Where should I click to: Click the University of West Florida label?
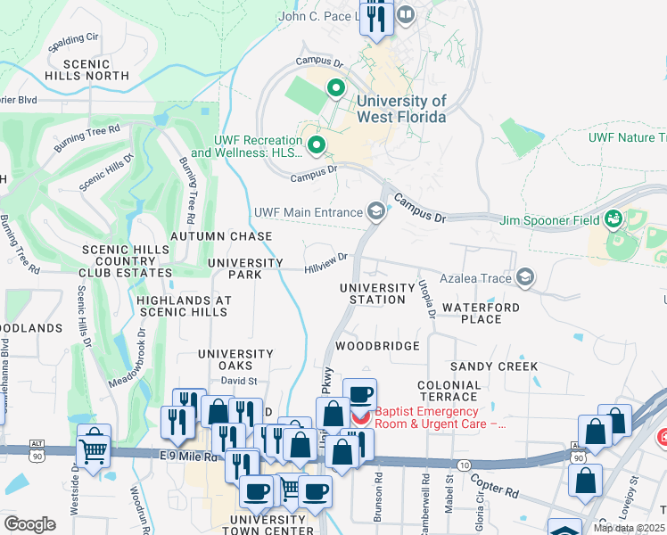click(401, 109)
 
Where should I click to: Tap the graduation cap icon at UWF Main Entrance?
click(376, 211)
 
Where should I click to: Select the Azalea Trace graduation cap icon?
click(525, 278)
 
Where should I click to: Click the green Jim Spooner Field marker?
click(613, 219)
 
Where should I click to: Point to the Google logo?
click(29, 524)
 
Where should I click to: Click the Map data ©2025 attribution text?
click(630, 528)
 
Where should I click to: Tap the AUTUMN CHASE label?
click(220, 236)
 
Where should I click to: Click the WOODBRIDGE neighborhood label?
click(377, 345)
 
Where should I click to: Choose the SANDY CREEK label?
click(493, 366)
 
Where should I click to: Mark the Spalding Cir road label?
click(74, 41)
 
